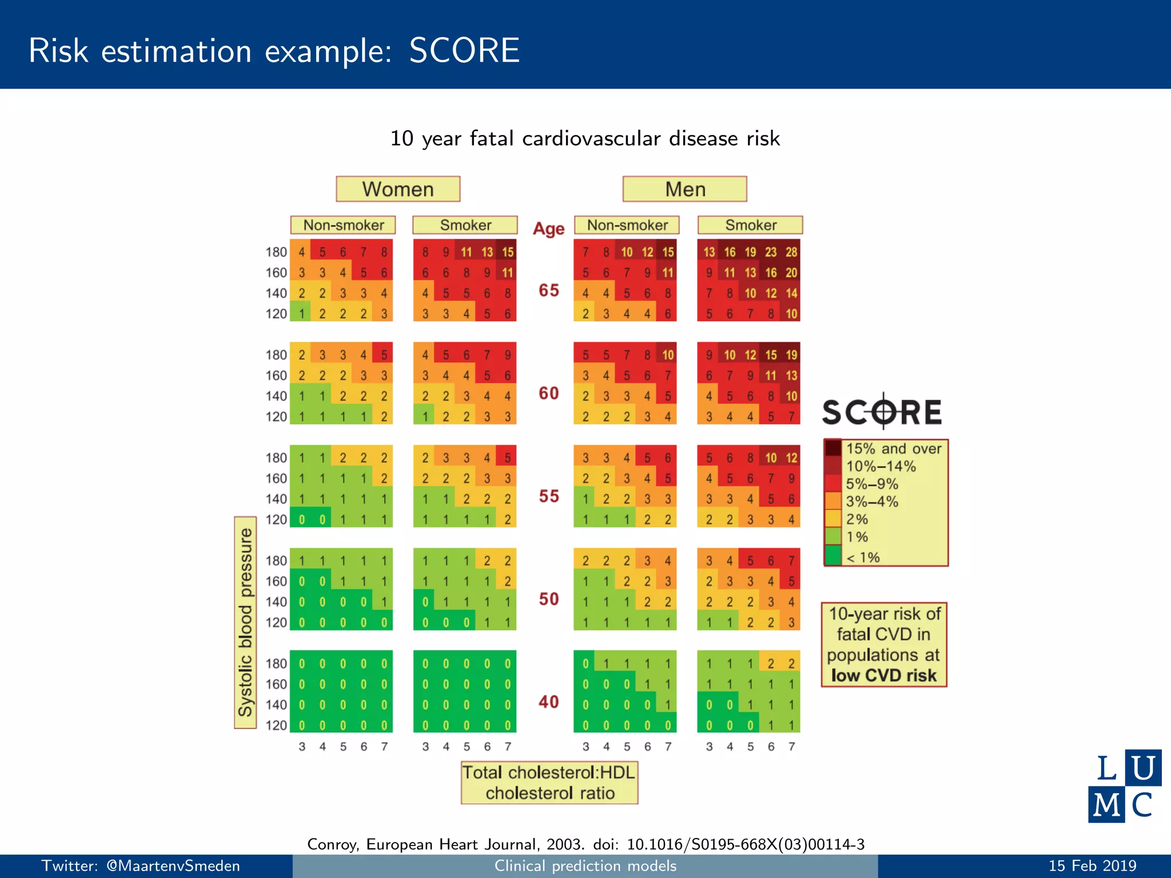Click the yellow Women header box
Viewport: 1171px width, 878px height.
tap(398, 189)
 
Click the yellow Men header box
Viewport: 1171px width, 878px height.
tap(684, 189)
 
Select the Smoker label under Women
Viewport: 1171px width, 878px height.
tap(465, 225)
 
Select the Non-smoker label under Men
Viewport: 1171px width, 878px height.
tap(627, 225)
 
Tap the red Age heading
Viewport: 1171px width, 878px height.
tap(548, 229)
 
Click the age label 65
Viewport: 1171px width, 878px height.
tap(548, 290)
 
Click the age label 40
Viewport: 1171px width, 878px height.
tap(548, 702)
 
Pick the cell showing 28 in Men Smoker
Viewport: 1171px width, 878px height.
tap(791, 252)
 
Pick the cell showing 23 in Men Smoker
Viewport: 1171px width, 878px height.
tap(771, 252)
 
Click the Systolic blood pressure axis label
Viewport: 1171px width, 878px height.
tap(245, 622)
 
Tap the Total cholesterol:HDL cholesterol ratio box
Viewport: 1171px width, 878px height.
tap(549, 783)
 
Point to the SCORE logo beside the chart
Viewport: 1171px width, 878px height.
tap(882, 412)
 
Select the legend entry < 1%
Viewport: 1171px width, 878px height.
tap(863, 557)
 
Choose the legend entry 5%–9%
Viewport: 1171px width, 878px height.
tap(872, 484)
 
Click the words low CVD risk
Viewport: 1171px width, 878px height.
tap(884, 676)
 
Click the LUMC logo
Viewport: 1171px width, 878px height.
tap(1124, 786)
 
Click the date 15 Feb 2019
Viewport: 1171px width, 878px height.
tap(1092, 866)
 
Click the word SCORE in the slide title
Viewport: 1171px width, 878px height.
tap(464, 50)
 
